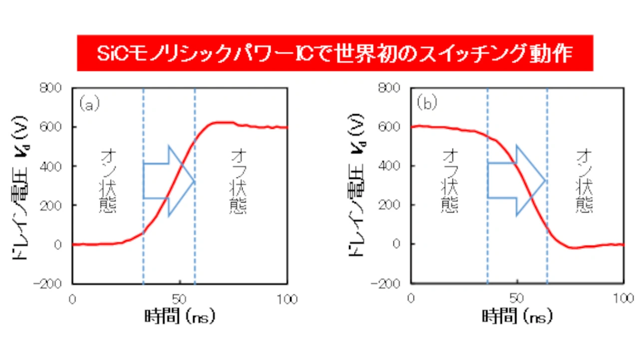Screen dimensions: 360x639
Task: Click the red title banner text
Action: coord(334,53)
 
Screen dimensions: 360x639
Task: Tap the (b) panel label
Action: coord(427,103)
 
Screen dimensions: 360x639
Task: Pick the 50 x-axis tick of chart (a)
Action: coord(180,300)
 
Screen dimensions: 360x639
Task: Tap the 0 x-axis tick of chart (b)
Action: coord(411,300)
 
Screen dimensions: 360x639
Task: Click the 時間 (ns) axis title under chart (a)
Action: coord(181,317)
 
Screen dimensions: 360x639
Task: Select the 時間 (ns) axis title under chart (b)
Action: coord(518,317)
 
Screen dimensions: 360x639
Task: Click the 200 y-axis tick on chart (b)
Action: coord(396,205)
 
